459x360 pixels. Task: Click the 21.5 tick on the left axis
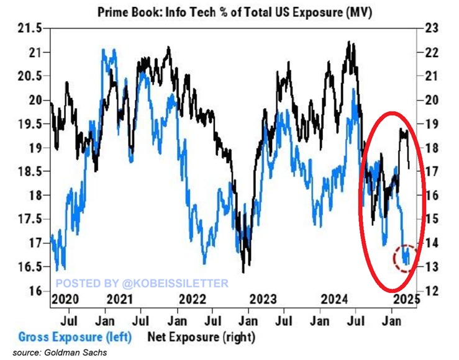click(30, 29)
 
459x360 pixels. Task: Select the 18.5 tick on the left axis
click(30, 171)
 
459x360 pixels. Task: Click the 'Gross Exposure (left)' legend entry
click(69, 338)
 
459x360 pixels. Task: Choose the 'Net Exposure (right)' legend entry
click(193, 338)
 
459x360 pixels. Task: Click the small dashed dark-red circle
click(407, 258)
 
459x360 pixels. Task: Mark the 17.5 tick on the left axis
click(30, 219)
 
